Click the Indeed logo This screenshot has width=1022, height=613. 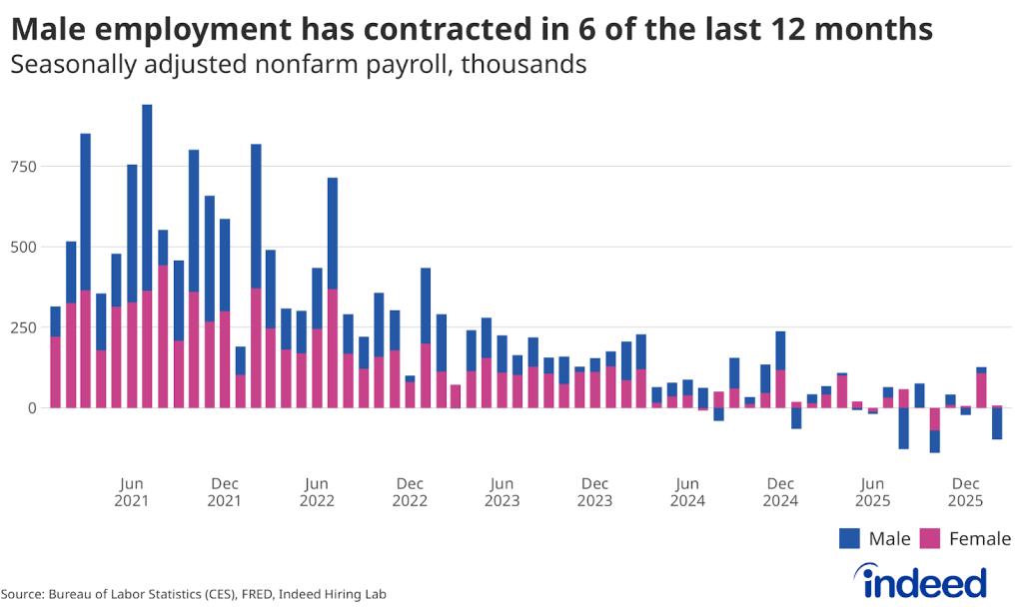[920, 580]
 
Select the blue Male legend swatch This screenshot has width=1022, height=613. [849, 539]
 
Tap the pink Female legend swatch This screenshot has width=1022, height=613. [929, 539]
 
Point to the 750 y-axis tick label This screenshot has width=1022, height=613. [23, 167]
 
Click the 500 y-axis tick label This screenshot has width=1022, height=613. [23, 247]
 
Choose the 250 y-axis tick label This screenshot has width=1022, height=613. [23, 327]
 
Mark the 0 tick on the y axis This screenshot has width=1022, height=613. [32, 407]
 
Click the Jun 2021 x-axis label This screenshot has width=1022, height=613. [131, 492]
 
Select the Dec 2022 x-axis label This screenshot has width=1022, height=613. [410, 492]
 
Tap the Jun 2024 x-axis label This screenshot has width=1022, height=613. [687, 492]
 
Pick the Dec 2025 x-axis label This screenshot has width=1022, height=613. [965, 492]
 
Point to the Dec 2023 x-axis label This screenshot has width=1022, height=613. [594, 492]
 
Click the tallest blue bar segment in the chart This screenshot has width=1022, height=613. [147, 198]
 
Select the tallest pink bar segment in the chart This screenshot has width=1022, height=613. [162, 336]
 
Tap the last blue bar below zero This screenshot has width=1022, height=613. [997, 423]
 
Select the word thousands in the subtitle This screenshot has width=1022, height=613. [523, 65]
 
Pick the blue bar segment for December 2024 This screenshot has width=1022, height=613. [780, 350]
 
